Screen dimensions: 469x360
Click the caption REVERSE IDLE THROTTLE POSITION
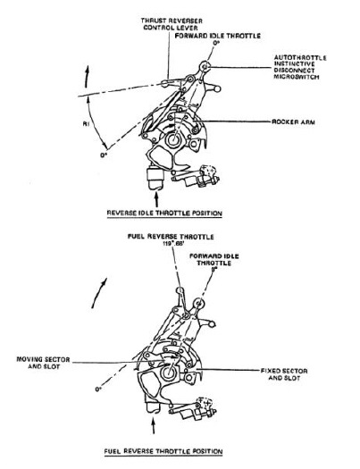pyautogui.click(x=163, y=214)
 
